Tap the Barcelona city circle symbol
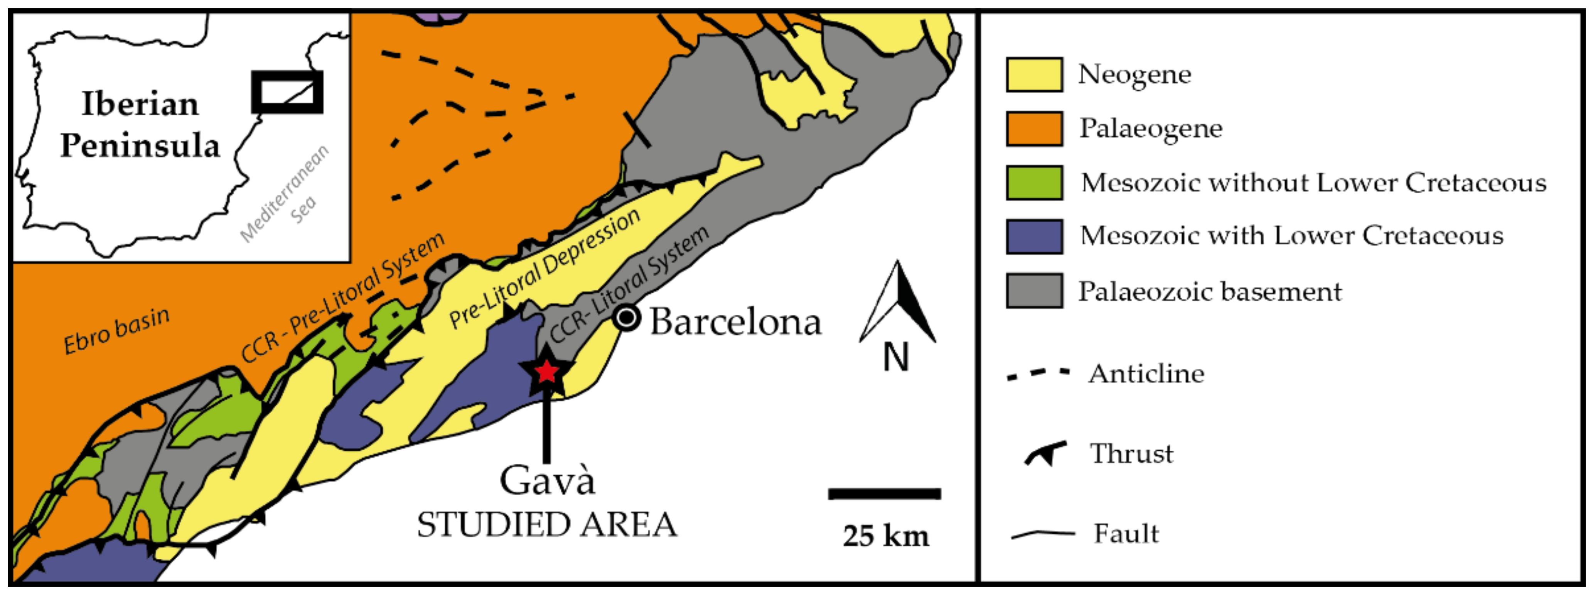626,318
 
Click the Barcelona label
735,322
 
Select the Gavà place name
547,480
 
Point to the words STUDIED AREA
547,525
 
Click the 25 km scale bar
884,494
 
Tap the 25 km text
885,536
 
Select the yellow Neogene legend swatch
1034,75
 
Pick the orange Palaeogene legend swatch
1034,128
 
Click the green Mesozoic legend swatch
1034,183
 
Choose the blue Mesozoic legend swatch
1034,236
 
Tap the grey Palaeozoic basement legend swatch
1034,290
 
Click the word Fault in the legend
1126,533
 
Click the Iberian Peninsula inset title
140,124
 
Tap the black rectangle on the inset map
287,92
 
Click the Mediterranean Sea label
286,193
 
